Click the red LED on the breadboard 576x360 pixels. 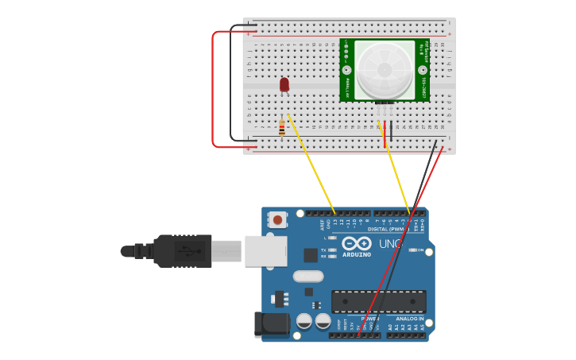click(284, 84)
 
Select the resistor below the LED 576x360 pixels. click(282, 127)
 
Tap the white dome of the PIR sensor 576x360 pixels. click(385, 70)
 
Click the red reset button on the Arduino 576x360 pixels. click(277, 219)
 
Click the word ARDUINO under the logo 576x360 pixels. click(357, 254)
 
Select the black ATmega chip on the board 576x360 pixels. click(378, 301)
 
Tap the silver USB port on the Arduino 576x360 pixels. click(265, 250)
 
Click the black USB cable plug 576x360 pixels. click(183, 251)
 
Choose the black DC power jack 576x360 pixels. click(272, 325)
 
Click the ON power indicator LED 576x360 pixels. click(412, 250)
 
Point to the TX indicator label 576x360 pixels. click(323, 250)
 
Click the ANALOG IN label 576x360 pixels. click(409, 319)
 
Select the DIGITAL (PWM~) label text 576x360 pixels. click(389, 229)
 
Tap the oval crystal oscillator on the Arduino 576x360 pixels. click(308, 277)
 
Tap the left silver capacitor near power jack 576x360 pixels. click(304, 321)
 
